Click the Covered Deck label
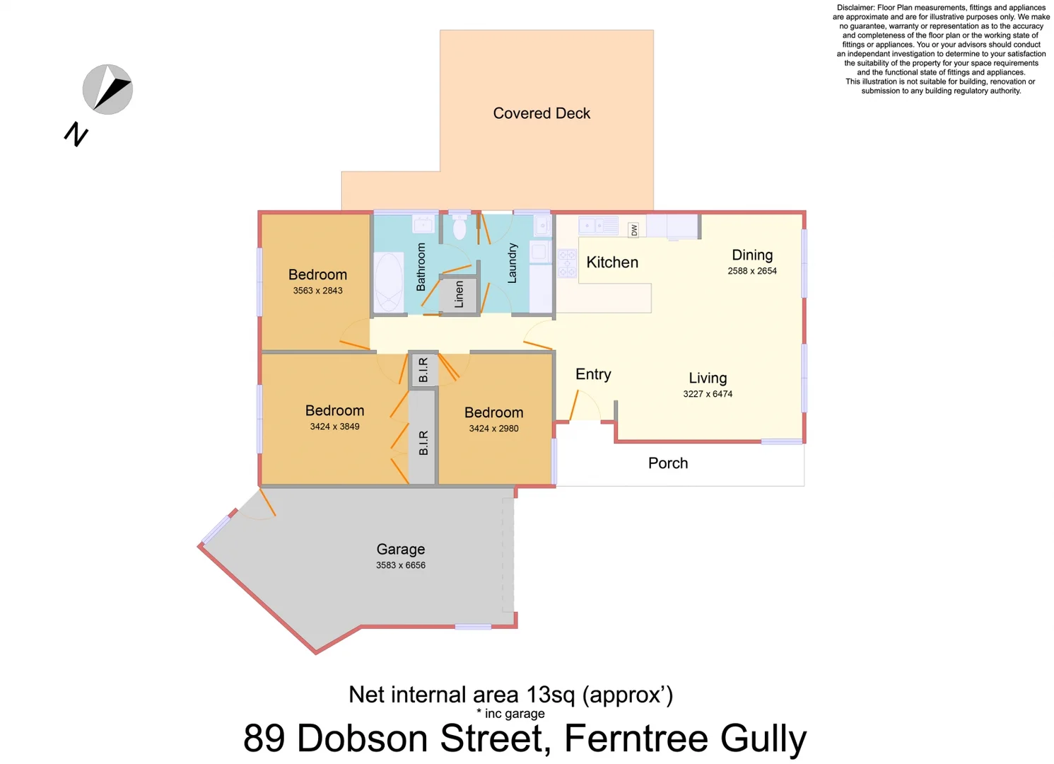click(541, 113)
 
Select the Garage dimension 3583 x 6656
click(401, 565)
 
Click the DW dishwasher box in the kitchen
click(634, 229)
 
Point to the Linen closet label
click(459, 294)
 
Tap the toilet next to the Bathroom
click(459, 228)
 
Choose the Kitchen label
click(612, 262)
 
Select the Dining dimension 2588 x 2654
click(752, 271)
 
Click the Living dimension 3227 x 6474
click(708, 394)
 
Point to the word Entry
click(593, 374)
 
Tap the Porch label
click(668, 463)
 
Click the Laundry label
click(513, 263)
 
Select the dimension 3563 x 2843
click(317, 291)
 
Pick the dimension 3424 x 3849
click(334, 427)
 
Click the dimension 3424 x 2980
click(493, 429)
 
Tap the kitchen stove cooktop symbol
click(568, 263)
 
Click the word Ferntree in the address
click(636, 739)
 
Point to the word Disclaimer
click(855, 8)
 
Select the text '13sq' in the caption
click(551, 695)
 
